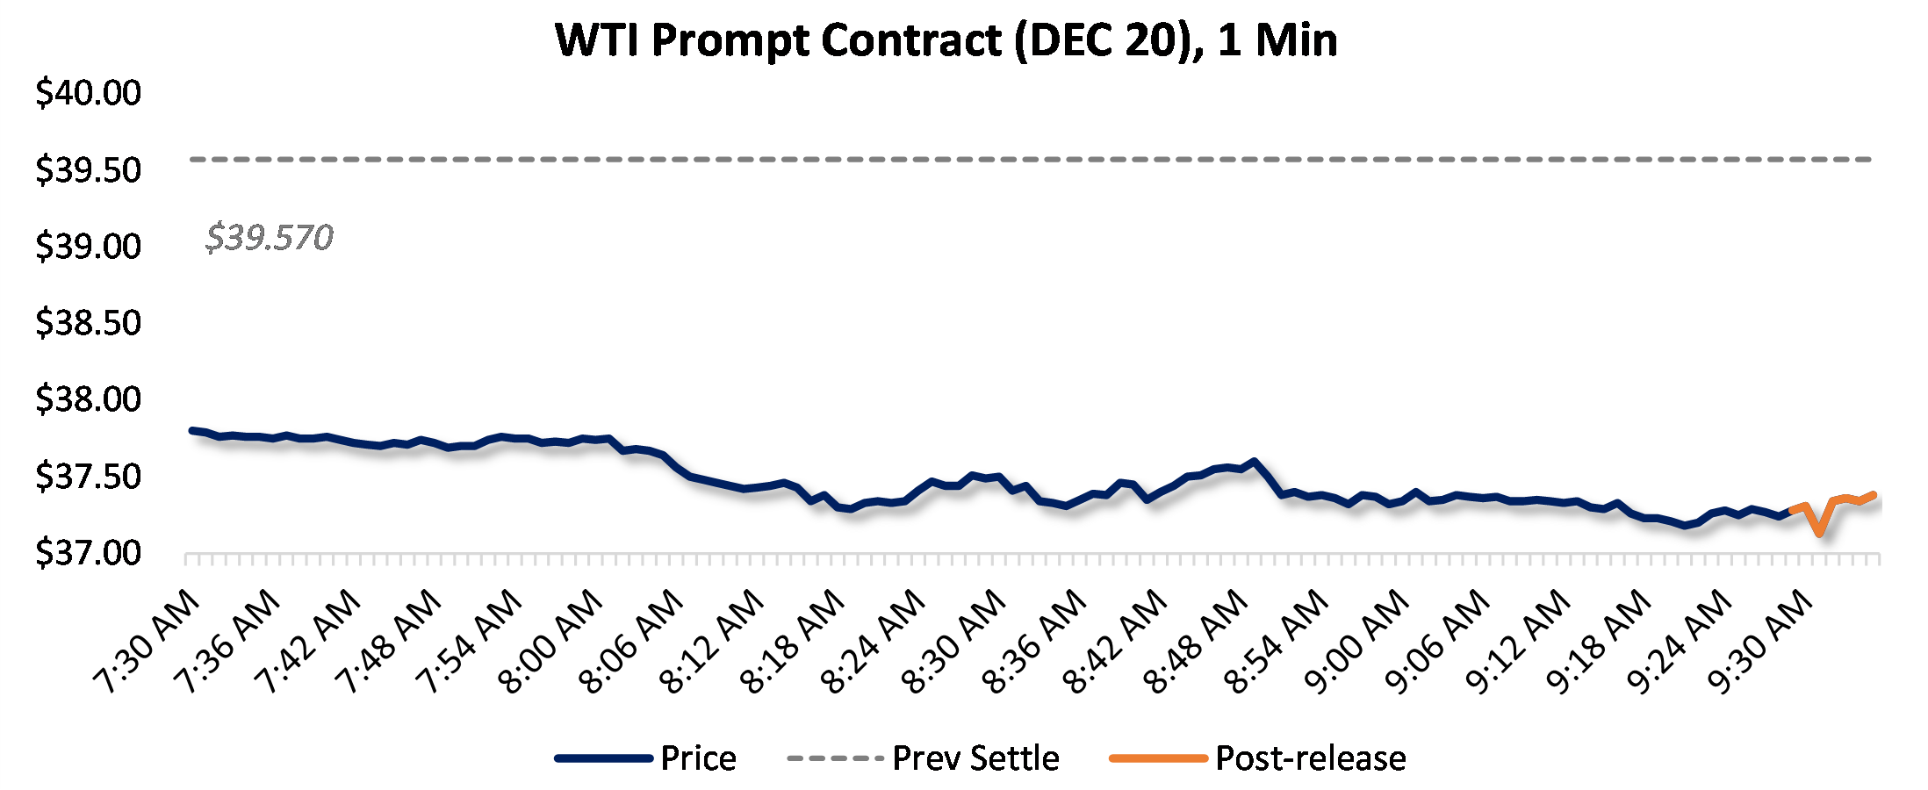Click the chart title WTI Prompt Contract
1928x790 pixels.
click(946, 40)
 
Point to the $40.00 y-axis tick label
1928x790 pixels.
click(88, 92)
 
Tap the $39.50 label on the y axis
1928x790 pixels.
click(88, 169)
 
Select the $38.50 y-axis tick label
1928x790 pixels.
click(88, 323)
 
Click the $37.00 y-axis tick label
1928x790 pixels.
click(88, 553)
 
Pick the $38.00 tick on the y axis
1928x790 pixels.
click(88, 399)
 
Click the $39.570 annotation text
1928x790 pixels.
click(270, 237)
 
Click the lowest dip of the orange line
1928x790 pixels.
click(1819, 533)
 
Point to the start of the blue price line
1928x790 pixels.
click(191, 430)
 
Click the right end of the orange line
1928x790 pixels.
click(1874, 495)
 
